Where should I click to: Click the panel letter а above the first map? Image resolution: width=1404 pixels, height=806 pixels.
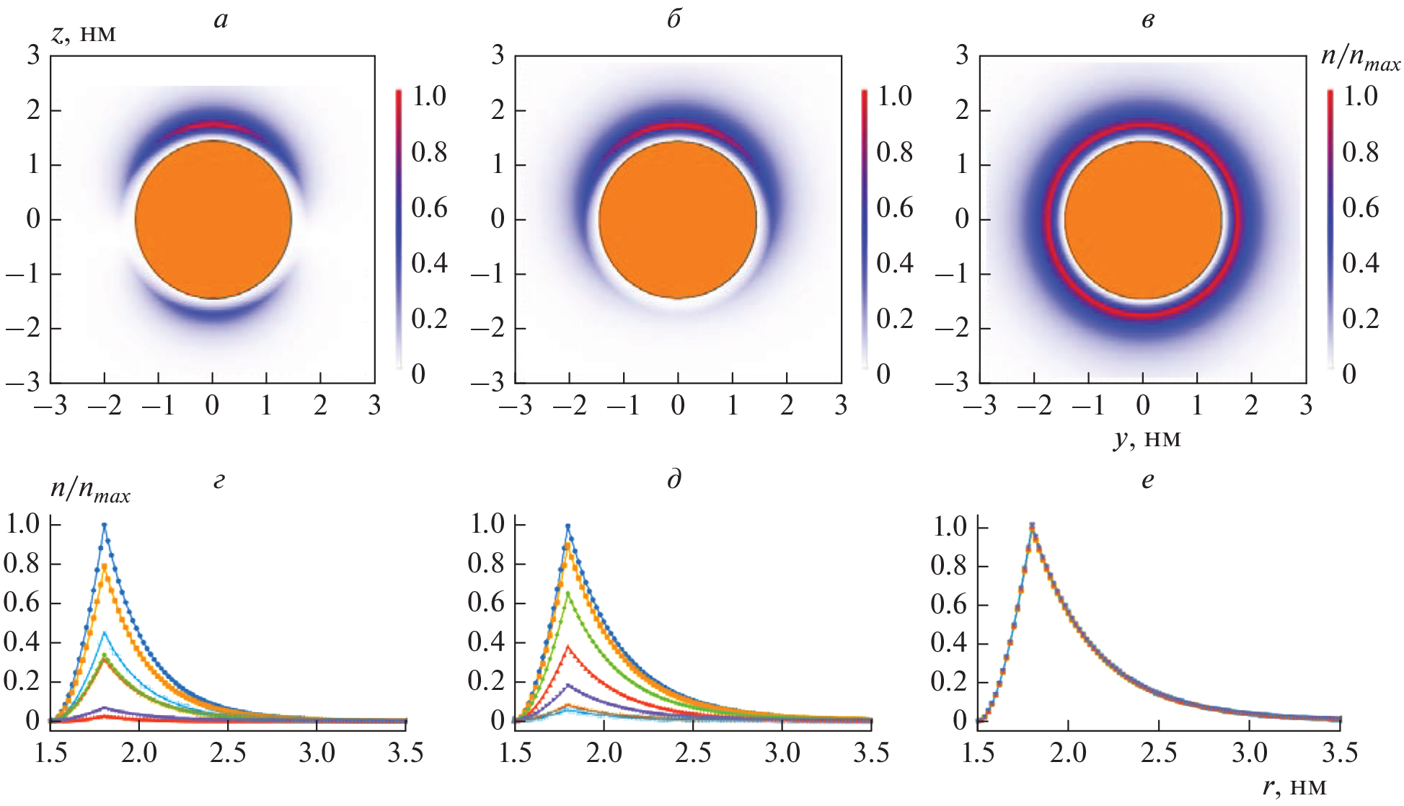coord(221,20)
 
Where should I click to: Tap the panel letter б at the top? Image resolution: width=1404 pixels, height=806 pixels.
coord(674,19)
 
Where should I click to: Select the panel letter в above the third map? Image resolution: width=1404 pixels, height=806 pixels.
coord(1148,20)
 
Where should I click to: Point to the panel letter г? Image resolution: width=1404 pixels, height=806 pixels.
coord(219,481)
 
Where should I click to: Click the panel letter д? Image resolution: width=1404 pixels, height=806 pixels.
coord(674,479)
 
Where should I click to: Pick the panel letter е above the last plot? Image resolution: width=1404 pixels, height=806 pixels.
coord(1148,481)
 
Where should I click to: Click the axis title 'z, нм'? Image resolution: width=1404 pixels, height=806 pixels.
coord(84,33)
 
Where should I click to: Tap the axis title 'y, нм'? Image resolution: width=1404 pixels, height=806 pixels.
coord(1147,438)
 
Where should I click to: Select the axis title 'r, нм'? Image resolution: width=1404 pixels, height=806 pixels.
coord(1295,787)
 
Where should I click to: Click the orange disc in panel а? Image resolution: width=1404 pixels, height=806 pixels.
coord(213,219)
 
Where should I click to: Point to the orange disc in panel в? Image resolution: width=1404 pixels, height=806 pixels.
coord(1143,219)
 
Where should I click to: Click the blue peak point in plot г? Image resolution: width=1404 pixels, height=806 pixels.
coord(105,526)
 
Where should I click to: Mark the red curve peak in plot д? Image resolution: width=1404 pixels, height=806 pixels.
coord(568,647)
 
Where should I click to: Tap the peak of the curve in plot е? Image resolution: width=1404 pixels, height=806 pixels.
coord(1032,526)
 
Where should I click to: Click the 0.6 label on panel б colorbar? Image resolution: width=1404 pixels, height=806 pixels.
coord(894,208)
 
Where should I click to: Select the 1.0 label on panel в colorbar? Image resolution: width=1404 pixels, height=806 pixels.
coord(1360,96)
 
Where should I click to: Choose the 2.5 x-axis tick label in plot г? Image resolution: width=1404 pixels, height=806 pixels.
coord(228,753)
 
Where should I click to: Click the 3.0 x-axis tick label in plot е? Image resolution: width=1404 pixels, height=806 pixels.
coord(1249,753)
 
